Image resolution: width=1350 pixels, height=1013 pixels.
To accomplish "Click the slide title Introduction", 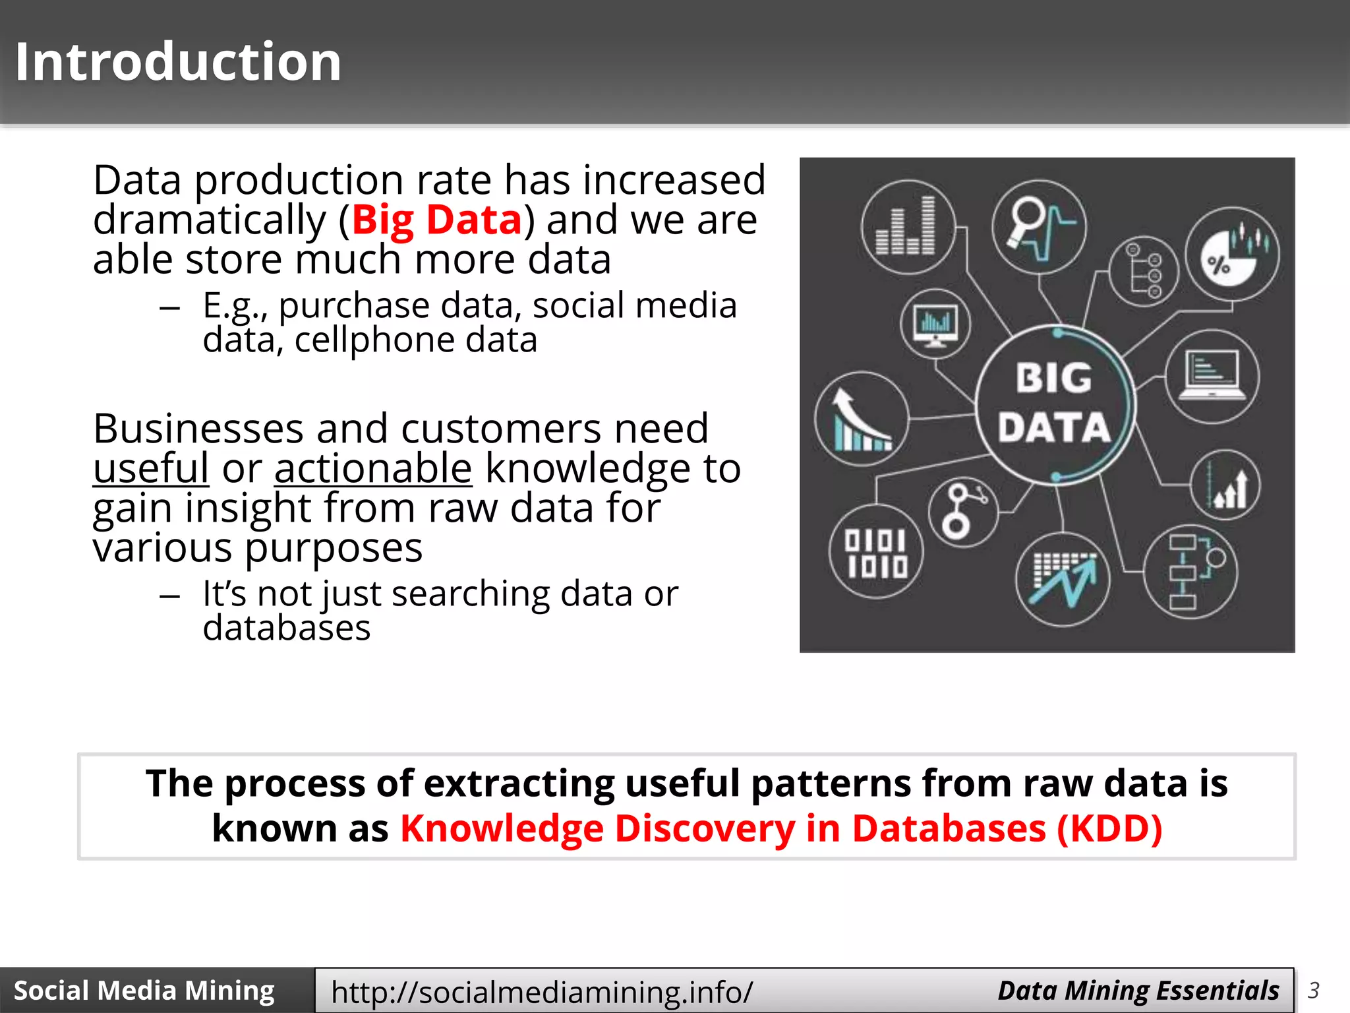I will click(178, 61).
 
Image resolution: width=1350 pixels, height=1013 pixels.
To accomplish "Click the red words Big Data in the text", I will click(436, 220).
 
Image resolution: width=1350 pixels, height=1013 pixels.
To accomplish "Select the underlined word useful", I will click(151, 468).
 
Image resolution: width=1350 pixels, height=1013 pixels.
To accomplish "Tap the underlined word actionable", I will click(373, 468).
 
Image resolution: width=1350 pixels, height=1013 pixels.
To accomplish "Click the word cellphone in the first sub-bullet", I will click(374, 340).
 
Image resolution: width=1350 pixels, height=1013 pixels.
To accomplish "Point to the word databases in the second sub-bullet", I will click(286, 628).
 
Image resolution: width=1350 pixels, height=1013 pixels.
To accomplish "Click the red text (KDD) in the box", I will click(1109, 828).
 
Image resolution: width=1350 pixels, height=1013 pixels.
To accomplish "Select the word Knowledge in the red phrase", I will click(502, 828).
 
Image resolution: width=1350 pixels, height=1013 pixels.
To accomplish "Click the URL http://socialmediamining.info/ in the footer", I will click(542, 991).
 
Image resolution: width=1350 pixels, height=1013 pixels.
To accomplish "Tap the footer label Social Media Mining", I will click(144, 991).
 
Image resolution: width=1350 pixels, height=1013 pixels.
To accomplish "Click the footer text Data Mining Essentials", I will click(1138, 991).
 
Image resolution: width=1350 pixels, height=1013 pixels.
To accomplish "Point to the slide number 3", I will click(1313, 991).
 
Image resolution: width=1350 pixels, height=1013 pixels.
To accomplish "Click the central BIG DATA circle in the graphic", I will click(1054, 404).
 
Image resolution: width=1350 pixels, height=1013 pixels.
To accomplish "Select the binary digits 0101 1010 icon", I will click(876, 552).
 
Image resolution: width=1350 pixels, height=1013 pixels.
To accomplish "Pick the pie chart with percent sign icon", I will click(1232, 255).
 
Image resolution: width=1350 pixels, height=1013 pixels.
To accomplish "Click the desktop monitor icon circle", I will click(935, 324).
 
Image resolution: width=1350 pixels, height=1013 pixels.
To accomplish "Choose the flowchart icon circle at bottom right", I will click(1190, 572).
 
